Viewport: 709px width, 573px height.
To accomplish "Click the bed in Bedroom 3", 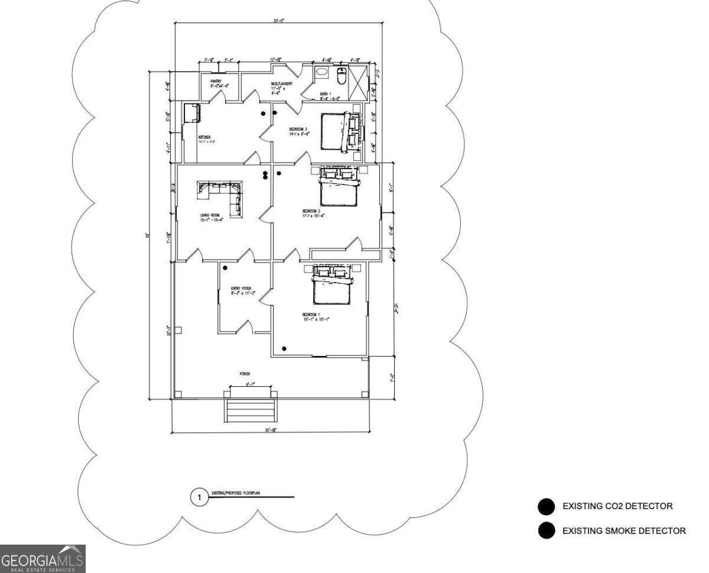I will tap(334, 131).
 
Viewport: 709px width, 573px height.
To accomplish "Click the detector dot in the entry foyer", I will tap(225, 268).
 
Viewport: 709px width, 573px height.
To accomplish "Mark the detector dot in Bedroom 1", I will tap(285, 348).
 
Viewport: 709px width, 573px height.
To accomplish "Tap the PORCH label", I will tap(245, 374).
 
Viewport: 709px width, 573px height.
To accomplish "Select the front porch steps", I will tap(251, 410).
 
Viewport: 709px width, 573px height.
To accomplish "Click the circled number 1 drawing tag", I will tap(199, 498).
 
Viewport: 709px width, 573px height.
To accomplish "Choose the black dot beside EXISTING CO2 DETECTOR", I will tap(547, 506).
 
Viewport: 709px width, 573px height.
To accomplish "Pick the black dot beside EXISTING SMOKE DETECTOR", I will tap(547, 530).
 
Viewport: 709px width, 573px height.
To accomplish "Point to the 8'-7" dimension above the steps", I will tap(251, 384).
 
